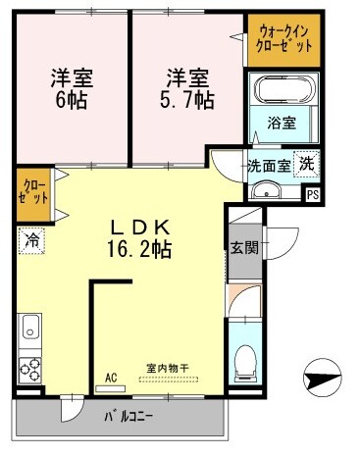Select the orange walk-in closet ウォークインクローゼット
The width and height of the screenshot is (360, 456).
(x=283, y=40)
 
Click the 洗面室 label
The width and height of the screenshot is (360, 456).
(x=266, y=166)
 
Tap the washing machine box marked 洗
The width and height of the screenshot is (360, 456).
(x=307, y=165)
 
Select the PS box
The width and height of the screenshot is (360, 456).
(x=313, y=194)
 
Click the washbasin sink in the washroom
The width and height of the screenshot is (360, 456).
(x=263, y=189)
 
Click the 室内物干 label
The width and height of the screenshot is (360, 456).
(x=172, y=369)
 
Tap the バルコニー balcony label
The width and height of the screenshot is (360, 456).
(x=129, y=416)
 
